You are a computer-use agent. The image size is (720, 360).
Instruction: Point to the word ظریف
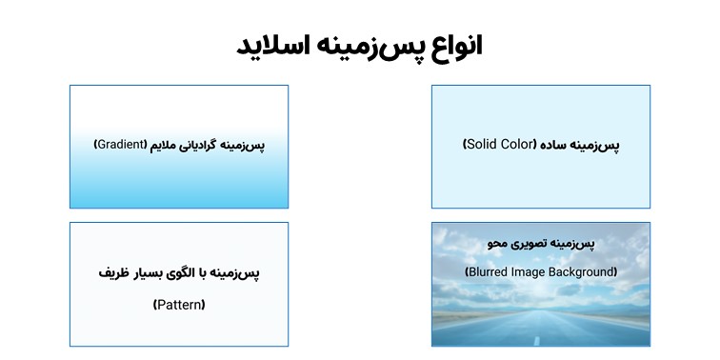(x=113, y=273)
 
